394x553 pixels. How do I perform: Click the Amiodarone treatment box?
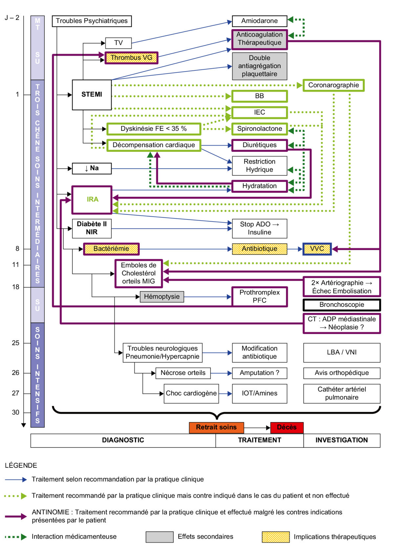coord(259,21)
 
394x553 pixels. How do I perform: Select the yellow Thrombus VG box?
coord(131,58)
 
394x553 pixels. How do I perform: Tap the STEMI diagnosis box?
coord(92,95)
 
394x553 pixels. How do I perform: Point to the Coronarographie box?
coord(333,85)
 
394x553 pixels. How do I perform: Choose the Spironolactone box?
coord(259,129)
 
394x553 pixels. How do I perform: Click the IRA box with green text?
coord(92,200)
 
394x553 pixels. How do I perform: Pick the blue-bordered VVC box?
coord(317,249)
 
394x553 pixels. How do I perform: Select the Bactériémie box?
coord(111,249)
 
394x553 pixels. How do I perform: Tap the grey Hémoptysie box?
coord(162,297)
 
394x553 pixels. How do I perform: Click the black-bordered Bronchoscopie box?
coord(341,305)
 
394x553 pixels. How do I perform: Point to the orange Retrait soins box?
coord(216,427)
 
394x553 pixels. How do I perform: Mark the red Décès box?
coord(287,427)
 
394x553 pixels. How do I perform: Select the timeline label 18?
coord(16,287)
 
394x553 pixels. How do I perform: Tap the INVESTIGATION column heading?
coord(341,440)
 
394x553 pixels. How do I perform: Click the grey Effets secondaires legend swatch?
coord(160,537)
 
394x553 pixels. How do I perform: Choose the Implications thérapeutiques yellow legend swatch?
coord(275,537)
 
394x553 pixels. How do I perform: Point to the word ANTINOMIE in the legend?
coord(50,512)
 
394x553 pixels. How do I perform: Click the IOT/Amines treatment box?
coord(259,393)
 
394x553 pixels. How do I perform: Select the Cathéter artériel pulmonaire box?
coord(341,393)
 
